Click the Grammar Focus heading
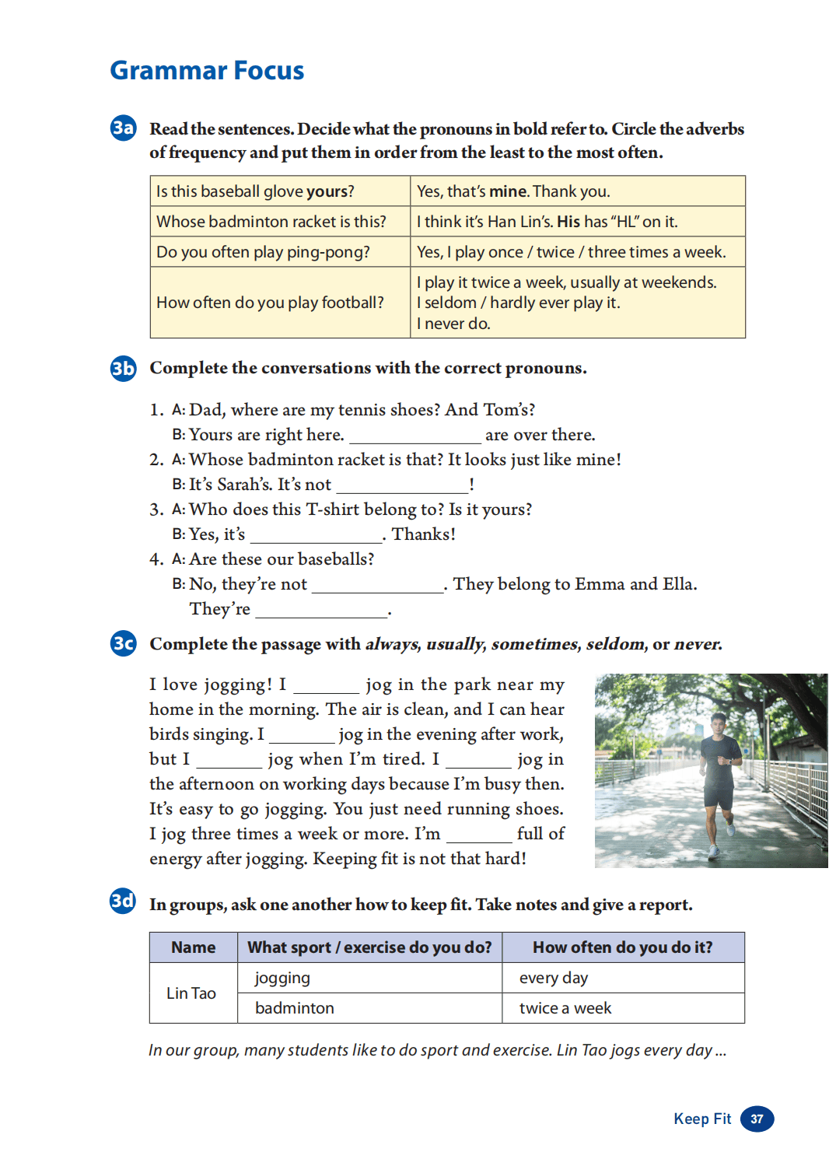[207, 71]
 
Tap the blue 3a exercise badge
[123, 128]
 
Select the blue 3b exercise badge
[123, 368]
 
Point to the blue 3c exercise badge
[123, 643]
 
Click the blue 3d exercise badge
[123, 901]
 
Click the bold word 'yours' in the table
[327, 191]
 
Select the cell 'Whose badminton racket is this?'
[271, 222]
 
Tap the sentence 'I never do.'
[453, 324]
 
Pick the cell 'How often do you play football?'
[271, 303]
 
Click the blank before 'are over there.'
[414, 436]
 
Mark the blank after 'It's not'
[402, 485]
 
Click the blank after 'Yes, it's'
[316, 535]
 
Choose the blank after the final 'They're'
[321, 610]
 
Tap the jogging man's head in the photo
[719, 725]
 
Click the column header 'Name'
[194, 947]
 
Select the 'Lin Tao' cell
[191, 993]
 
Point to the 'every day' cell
[554, 978]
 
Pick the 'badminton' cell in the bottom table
[295, 1008]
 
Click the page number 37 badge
[757, 1119]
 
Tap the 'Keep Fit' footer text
[702, 1119]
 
